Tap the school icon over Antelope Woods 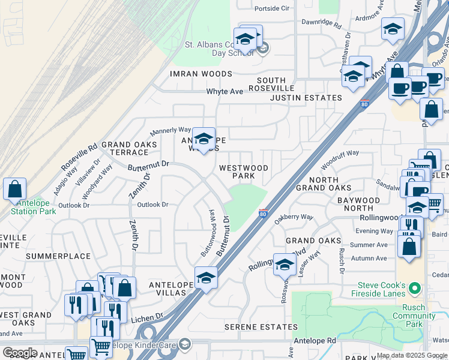203,139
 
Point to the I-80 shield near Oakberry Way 263,213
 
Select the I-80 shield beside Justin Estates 364,104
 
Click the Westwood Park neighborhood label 243,172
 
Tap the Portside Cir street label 272,8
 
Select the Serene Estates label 261,327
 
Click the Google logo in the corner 19,352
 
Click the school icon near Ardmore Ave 392,29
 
